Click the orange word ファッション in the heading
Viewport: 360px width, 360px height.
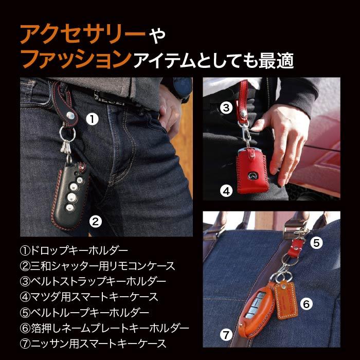click(x=75, y=60)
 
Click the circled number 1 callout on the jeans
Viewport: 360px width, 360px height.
click(x=92, y=119)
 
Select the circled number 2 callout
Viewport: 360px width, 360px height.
click(x=95, y=222)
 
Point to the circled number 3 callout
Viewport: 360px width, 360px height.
click(x=226, y=107)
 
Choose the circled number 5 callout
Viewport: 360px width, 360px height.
click(x=317, y=241)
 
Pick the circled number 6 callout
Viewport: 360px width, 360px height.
click(x=306, y=304)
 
